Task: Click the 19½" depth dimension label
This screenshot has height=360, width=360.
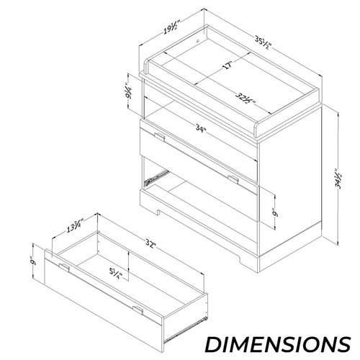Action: coord(172,27)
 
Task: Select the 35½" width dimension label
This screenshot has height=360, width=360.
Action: coord(264,43)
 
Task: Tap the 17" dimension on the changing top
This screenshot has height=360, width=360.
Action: coord(228,66)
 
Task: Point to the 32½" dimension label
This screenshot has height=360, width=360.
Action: coord(245,99)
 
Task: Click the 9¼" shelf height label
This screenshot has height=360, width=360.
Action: coord(129,91)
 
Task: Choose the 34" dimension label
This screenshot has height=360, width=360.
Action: coord(201,128)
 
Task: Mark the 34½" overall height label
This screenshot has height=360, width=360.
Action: coord(339,179)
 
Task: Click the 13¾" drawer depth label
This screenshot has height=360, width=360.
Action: coord(75,225)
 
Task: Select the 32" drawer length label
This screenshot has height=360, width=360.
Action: coord(151,244)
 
